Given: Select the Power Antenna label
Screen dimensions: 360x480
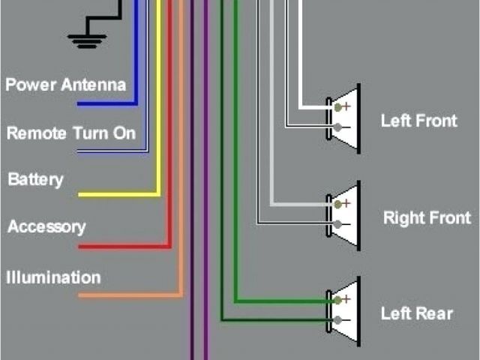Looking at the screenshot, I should [x=66, y=84].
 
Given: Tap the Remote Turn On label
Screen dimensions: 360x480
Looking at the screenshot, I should [x=71, y=133].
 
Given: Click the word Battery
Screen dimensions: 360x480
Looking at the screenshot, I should [x=35, y=180].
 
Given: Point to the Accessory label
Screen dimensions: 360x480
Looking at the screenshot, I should [x=46, y=226].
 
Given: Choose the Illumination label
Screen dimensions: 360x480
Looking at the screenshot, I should [x=53, y=277].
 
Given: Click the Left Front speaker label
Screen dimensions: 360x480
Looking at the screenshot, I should [x=418, y=120].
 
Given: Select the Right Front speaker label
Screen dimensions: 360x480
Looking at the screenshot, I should [x=427, y=218].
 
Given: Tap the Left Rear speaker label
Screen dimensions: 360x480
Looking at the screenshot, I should [x=417, y=313].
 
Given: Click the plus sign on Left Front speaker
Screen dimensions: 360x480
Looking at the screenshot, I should [x=346, y=106].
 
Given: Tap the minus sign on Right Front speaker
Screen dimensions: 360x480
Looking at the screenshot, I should [x=346, y=223].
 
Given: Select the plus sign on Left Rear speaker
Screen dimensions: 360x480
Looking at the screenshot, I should [x=346, y=299].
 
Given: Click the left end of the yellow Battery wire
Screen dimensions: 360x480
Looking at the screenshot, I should [x=80, y=195].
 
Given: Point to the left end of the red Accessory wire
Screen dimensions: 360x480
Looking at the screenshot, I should [x=80, y=246].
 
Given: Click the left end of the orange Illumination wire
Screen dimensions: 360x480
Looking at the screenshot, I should [x=80, y=295].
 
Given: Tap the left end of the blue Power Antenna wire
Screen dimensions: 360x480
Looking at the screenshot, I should [x=80, y=103].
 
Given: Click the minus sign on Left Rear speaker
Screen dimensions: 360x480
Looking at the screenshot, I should [x=346, y=320].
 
